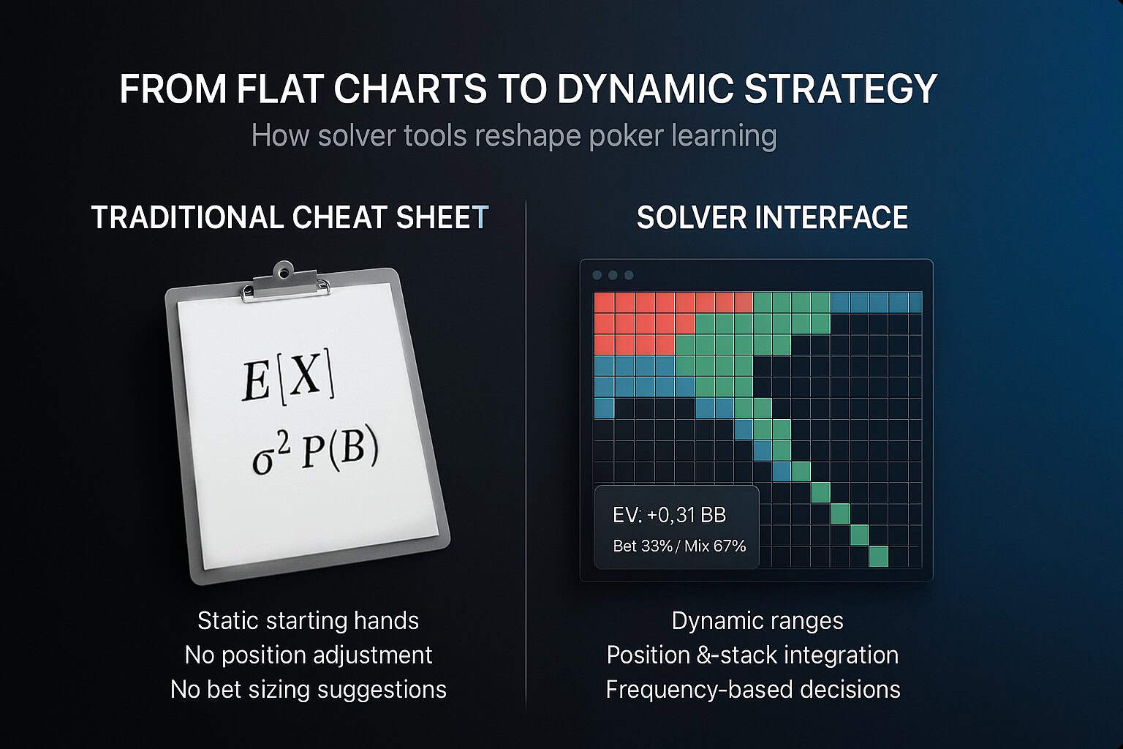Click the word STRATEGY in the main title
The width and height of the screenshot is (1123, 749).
[x=840, y=89]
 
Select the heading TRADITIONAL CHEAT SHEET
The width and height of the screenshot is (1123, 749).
[x=290, y=217]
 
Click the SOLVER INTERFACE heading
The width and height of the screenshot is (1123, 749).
[x=772, y=217]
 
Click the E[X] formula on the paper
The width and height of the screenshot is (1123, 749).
[x=287, y=374]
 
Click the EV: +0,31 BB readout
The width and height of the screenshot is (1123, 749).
[x=669, y=515]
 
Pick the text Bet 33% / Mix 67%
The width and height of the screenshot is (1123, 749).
[x=679, y=546]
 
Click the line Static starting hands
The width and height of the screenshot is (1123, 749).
[x=308, y=620]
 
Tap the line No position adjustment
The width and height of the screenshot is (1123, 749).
[x=309, y=655]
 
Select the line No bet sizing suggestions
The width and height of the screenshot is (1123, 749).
[x=309, y=689]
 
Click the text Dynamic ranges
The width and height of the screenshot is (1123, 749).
[x=757, y=621]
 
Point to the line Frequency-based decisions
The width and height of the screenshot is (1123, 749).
[x=753, y=689]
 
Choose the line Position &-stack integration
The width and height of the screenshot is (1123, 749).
[x=752, y=655]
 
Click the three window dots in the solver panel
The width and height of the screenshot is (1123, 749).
[x=613, y=275]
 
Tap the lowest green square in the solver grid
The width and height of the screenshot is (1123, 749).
[x=878, y=557]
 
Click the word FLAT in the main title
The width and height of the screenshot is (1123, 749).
[x=280, y=89]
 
